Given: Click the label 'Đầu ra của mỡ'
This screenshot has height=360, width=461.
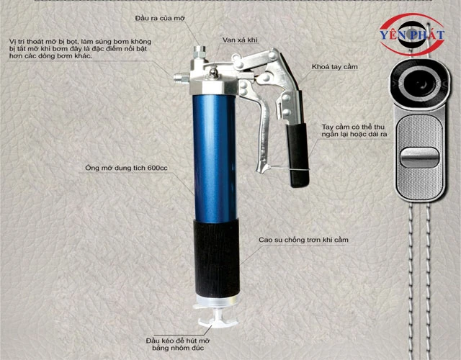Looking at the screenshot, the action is click(160, 19).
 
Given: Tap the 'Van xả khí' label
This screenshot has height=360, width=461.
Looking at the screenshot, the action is click(240, 40).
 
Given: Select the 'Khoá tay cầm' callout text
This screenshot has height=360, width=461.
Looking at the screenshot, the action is click(334, 67).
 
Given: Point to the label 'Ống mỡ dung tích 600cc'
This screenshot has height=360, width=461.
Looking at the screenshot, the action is click(127, 168).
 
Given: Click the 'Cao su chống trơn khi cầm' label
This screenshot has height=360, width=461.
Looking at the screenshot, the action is click(303, 240).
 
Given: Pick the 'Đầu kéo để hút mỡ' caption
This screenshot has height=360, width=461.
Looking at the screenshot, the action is click(178, 341).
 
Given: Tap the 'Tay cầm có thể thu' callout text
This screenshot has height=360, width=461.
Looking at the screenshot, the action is click(353, 127).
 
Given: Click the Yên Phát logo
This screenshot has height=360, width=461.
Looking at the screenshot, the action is click(411, 35).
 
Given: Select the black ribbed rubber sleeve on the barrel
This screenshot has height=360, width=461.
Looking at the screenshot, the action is click(216, 258).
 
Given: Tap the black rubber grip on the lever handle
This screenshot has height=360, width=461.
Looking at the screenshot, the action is click(297, 155).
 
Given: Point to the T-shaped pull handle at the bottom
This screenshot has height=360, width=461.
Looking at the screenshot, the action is click(218, 320).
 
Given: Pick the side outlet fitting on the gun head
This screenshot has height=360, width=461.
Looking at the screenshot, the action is click(181, 78).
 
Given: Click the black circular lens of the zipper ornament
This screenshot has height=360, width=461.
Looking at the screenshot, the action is click(421, 83).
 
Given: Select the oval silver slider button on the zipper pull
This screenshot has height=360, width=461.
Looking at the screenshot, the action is click(419, 158).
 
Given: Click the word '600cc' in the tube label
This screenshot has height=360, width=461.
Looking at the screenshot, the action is click(158, 168).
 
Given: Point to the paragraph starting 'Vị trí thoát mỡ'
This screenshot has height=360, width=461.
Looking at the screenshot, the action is click(80, 49).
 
